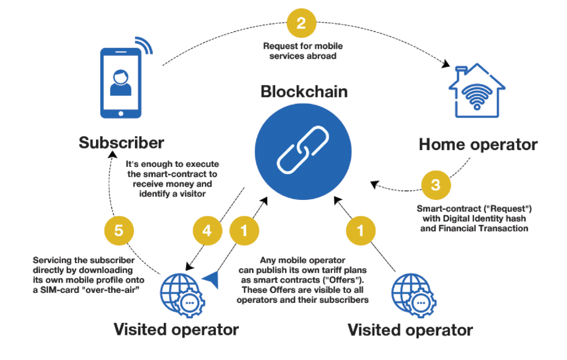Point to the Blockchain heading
click(x=304, y=91)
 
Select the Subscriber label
click(x=122, y=143)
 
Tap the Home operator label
click(x=478, y=144)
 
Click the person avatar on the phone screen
click(x=120, y=82)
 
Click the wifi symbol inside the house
click(x=477, y=96)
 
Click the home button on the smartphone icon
click(x=120, y=112)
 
